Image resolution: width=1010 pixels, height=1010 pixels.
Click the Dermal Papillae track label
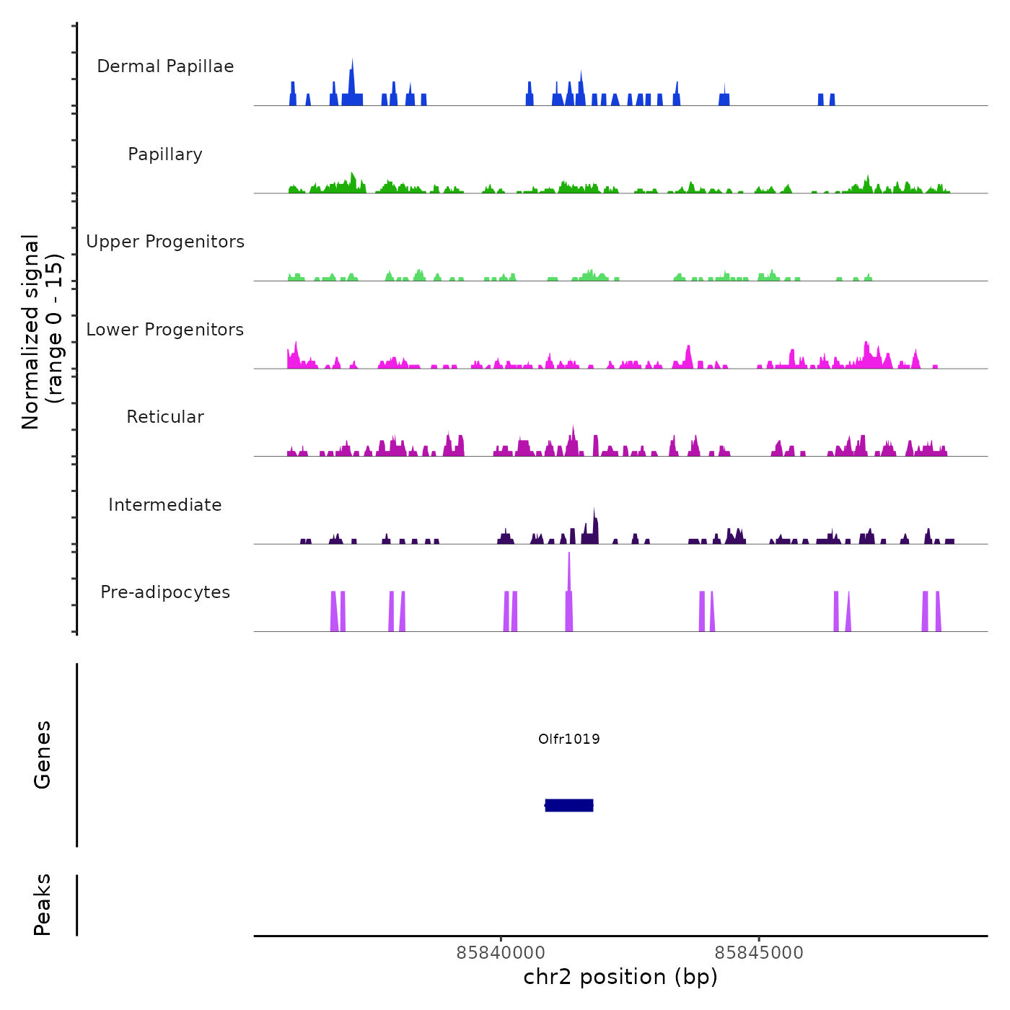(165, 66)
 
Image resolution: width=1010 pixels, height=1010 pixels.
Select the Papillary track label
(165, 154)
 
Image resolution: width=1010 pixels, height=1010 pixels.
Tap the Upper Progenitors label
(165, 242)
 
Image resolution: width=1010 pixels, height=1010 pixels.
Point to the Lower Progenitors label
(165, 330)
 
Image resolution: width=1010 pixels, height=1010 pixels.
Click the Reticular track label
(165, 417)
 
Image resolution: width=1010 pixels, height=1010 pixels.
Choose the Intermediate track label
(165, 505)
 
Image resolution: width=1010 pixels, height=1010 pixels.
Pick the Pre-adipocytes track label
(165, 592)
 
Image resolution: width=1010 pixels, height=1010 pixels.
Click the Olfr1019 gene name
(569, 739)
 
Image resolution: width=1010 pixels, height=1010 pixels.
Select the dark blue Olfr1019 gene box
(569, 805)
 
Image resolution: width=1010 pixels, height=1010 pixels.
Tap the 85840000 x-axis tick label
(501, 952)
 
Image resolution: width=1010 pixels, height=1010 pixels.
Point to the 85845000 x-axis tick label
(759, 952)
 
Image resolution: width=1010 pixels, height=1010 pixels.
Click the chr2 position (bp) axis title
(620, 977)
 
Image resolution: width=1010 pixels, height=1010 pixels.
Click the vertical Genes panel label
(43, 755)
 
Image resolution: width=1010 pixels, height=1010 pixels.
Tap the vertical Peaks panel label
(43, 905)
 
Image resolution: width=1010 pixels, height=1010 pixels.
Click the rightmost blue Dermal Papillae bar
(833, 100)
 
